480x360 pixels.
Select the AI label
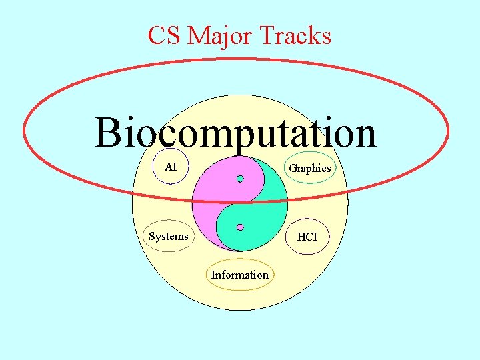point(171,167)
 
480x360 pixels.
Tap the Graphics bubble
point(309,169)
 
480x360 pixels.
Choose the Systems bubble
point(169,236)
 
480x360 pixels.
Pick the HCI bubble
point(307,237)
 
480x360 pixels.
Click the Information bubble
point(240,275)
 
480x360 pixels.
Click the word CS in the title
point(164,35)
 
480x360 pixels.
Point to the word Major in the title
point(217,35)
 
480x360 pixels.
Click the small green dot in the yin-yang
point(240,179)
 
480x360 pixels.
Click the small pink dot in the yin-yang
point(240,227)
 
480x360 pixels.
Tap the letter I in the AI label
point(175,167)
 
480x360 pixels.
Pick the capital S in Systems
point(152,236)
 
